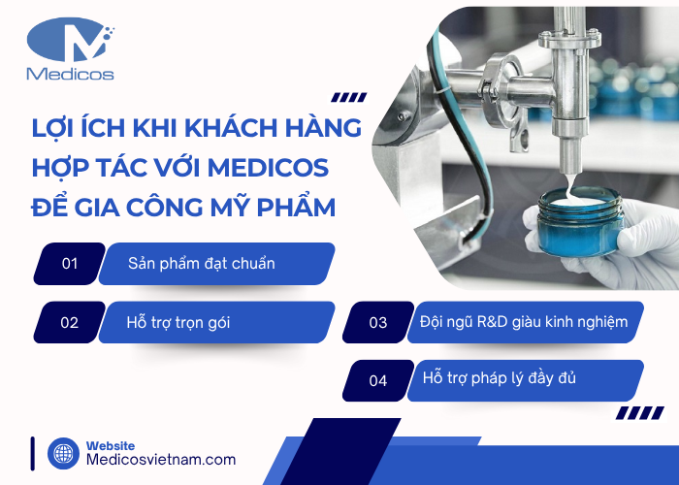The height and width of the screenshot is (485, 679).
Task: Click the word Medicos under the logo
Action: click(71, 74)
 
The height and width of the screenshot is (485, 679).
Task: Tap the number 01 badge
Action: click(70, 263)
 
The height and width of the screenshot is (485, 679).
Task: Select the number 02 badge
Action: click(70, 322)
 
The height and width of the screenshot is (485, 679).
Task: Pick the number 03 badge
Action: click(378, 322)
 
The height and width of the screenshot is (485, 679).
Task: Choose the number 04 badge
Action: click(378, 380)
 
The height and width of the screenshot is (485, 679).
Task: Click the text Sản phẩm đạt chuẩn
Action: click(202, 263)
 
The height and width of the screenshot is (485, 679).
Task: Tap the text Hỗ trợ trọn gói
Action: click(178, 322)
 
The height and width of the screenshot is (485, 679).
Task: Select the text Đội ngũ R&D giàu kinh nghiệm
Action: click(524, 321)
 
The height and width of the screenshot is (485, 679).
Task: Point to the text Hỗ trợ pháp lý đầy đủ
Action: click(500, 378)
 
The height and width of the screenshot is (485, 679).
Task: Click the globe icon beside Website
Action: click(63, 453)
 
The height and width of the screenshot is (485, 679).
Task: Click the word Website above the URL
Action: click(112, 444)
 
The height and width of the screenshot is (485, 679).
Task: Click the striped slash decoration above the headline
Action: click(349, 96)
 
